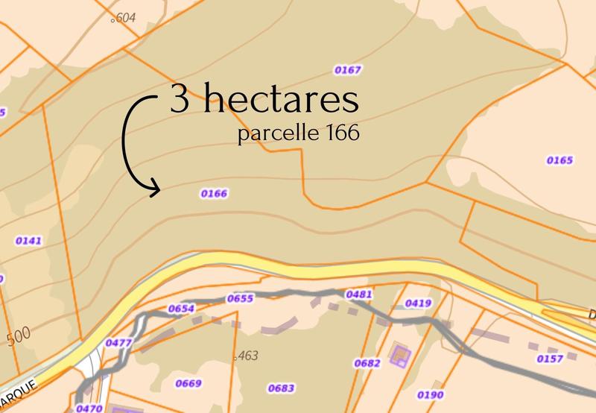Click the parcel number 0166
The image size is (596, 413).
pos(214,194)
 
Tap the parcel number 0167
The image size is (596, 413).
pos(348,70)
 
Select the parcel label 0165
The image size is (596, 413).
pos(559,160)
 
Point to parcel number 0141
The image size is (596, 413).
pos(28,241)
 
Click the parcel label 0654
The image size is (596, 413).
pos(182,308)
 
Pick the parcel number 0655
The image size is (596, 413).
pos(241,298)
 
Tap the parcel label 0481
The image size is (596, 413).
pos(359,295)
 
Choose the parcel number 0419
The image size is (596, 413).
pos(419,303)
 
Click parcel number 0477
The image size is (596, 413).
pos(119,343)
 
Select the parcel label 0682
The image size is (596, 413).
pos(368,363)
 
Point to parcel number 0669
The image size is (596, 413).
pos(188,384)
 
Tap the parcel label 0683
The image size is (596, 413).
pos(281,388)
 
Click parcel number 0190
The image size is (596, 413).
pos(431,395)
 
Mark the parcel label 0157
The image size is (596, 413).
pos(549,359)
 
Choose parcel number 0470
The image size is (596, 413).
pos(89,408)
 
